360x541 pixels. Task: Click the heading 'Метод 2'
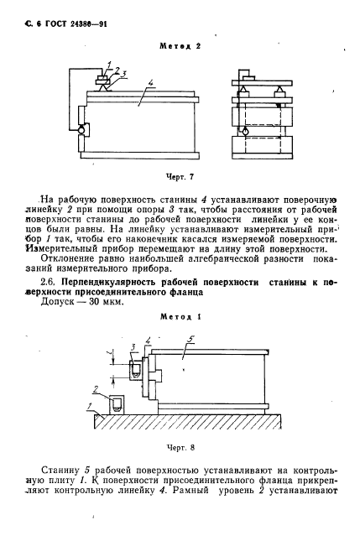tap(180, 46)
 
